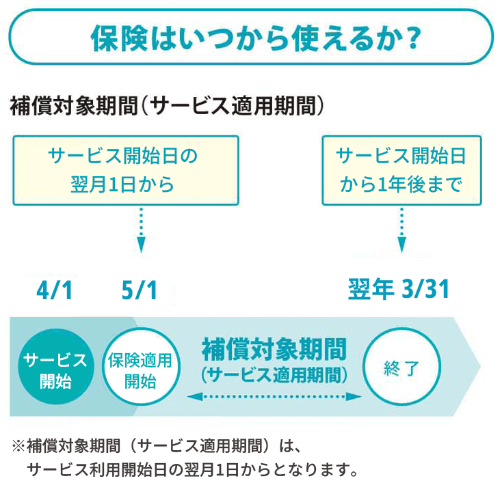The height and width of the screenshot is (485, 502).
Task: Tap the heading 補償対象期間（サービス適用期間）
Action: tap(167, 106)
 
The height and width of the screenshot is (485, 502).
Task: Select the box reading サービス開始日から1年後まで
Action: tap(401, 170)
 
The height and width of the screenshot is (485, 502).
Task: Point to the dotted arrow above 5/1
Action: tap(140, 230)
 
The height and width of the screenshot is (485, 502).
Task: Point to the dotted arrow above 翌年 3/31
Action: tap(401, 230)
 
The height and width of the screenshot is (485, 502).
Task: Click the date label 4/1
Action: tap(54, 290)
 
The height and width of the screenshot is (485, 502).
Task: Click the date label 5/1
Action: tap(139, 290)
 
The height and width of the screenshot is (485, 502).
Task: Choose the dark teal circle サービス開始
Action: tap(55, 370)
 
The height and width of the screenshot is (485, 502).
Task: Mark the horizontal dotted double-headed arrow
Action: tap(274, 396)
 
